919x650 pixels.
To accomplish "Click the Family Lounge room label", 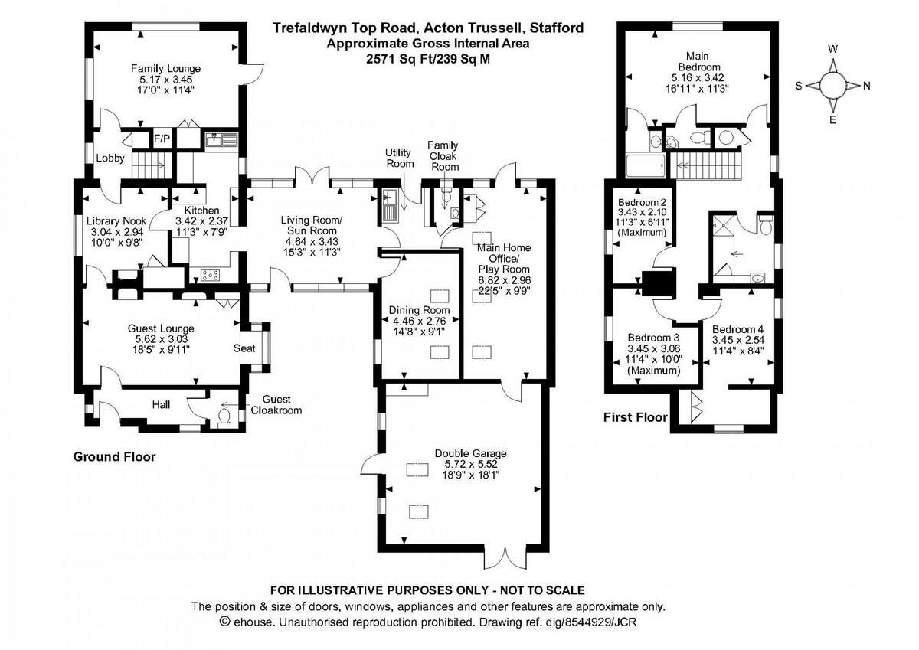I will coord(165,68).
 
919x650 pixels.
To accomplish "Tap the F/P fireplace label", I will coord(162,139).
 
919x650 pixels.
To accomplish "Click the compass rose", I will coord(832,84).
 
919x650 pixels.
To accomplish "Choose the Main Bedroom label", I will coord(696,61).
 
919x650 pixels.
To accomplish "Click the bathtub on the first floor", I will coord(646,166).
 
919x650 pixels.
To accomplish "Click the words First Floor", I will coord(636,417).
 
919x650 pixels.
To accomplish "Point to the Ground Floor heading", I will coord(114,457).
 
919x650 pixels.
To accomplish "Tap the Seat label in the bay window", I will coord(244,348).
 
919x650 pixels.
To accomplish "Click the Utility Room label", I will coord(399,159).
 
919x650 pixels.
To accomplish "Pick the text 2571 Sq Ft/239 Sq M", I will coord(428,57).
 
